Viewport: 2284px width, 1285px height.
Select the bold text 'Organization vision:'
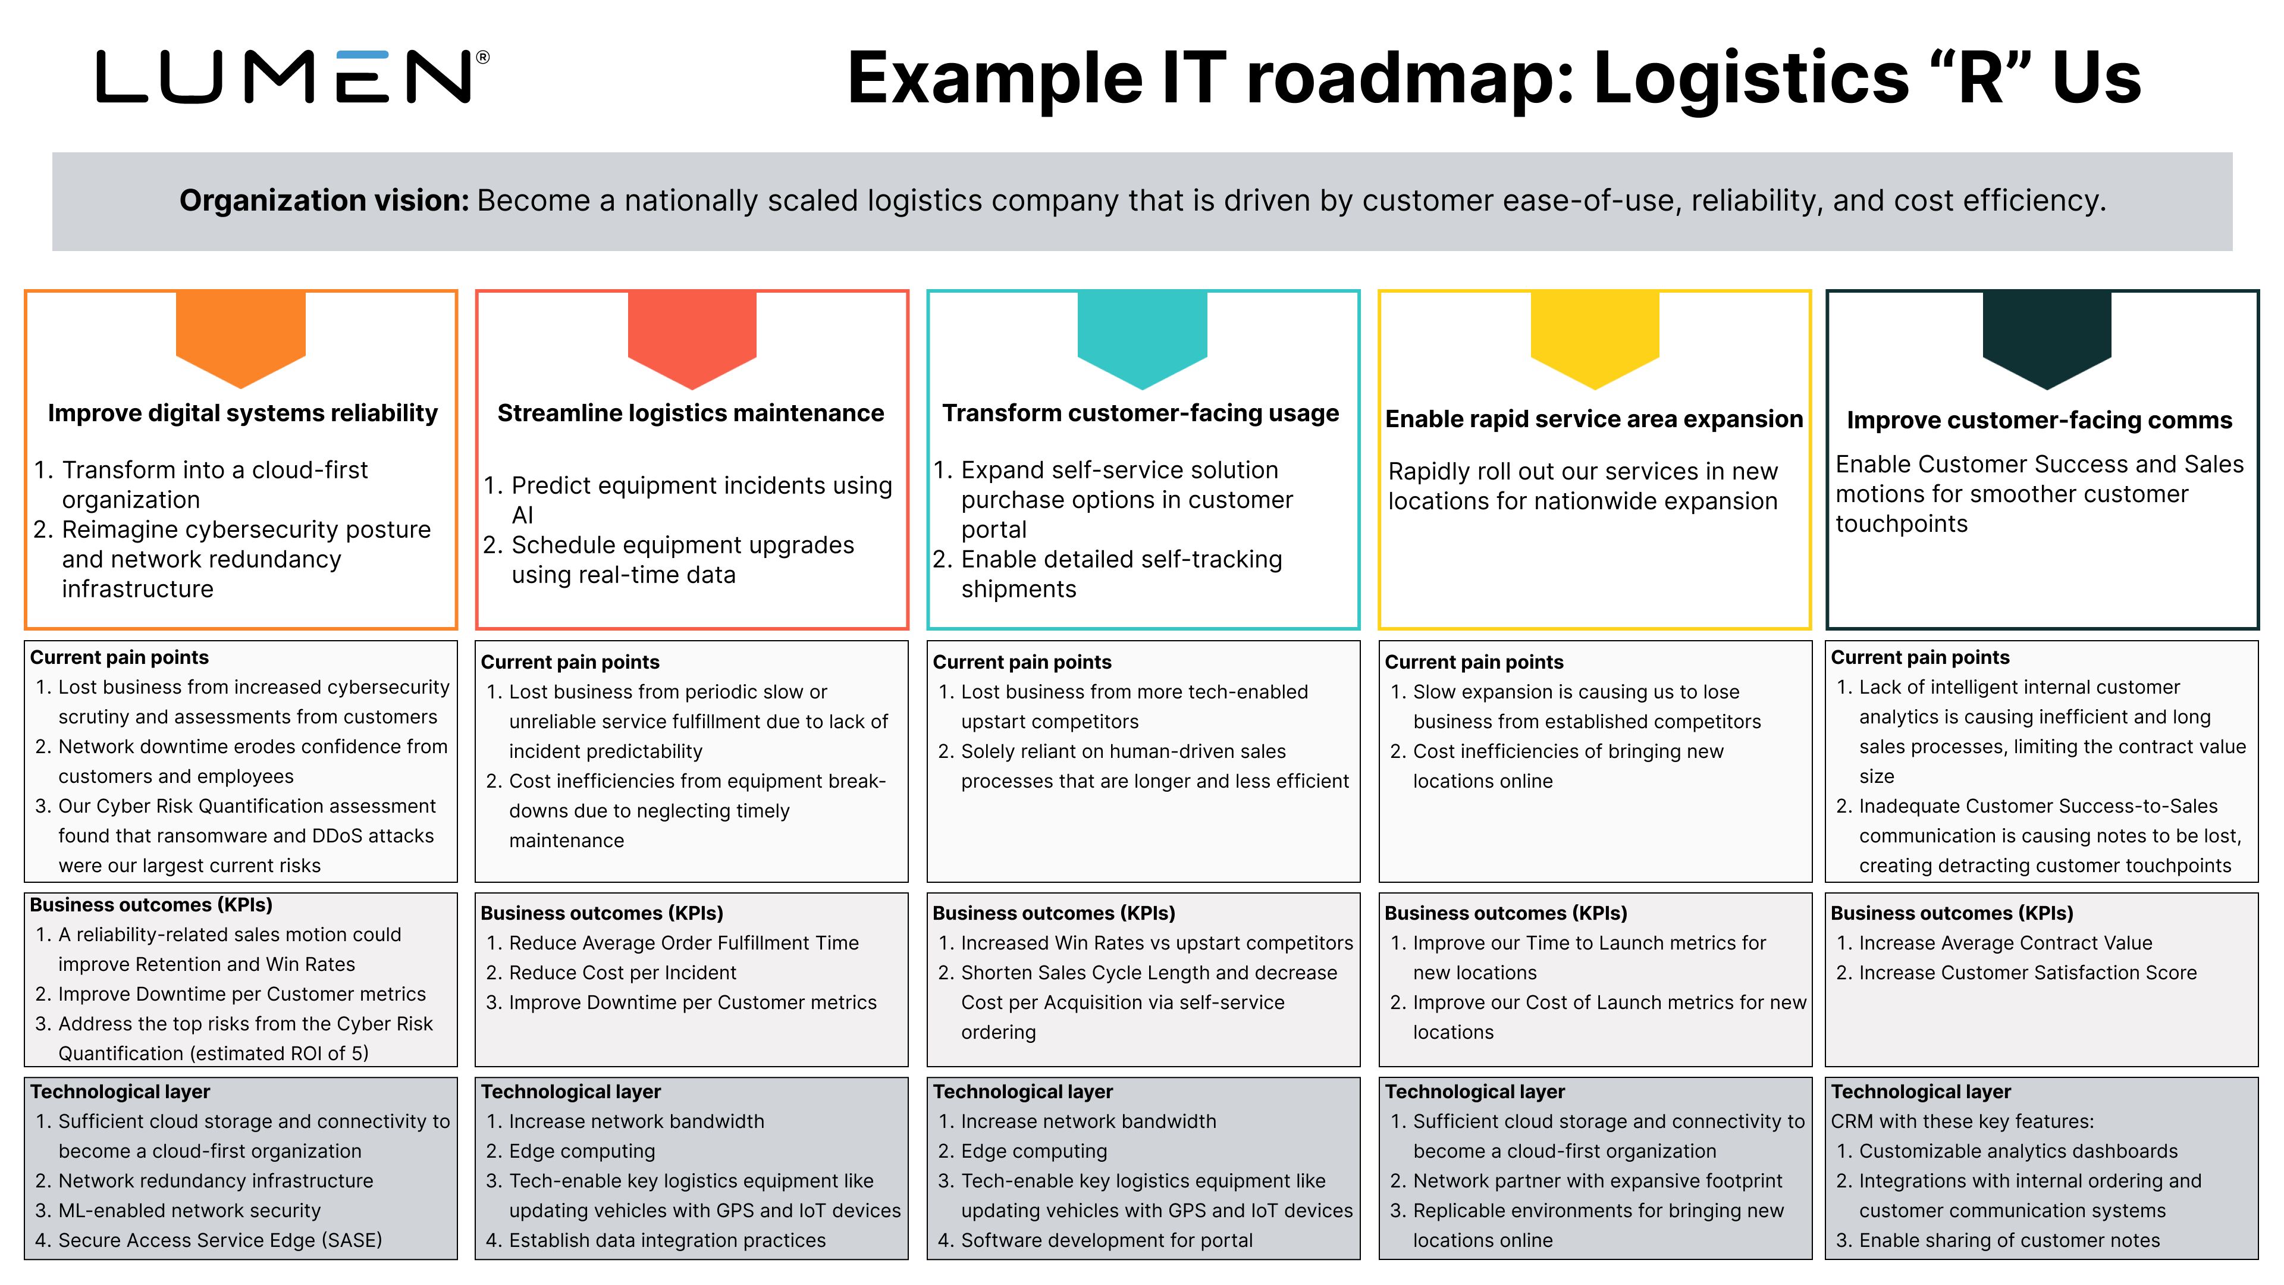(324, 200)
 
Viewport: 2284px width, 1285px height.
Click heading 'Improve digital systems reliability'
(242, 413)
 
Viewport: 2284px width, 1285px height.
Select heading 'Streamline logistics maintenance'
(690, 413)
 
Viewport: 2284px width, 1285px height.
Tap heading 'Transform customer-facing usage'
(1140, 413)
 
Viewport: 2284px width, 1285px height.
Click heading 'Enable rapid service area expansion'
(1593, 419)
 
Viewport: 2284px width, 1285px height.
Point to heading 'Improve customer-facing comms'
(2040, 421)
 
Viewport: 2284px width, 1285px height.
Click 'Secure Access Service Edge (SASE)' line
(220, 1240)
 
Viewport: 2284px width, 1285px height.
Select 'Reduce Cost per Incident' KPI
(622, 973)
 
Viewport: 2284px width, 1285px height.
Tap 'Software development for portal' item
(1106, 1240)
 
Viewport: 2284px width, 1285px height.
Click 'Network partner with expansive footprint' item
(1597, 1180)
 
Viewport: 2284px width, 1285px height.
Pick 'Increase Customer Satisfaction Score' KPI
(2027, 973)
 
